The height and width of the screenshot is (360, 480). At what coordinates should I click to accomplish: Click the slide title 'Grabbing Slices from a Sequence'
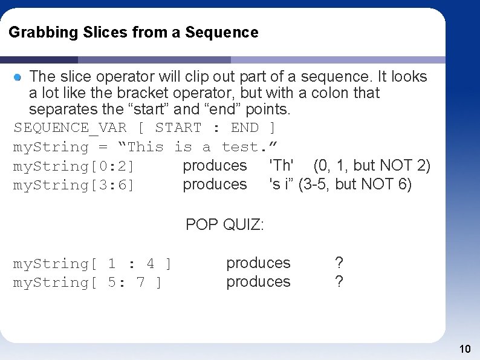coord(134,32)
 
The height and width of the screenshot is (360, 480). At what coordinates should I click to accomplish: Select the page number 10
coord(465,349)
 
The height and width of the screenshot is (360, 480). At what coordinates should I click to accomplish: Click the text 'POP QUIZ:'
coord(225,224)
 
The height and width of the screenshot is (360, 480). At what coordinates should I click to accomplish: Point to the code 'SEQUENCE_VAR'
coord(70,128)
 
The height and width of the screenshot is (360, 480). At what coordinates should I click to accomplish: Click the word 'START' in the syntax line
coord(178,128)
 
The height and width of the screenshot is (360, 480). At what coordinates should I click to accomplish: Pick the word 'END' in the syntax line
coord(245,128)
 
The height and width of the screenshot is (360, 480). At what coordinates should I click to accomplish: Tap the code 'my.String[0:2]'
coord(74,166)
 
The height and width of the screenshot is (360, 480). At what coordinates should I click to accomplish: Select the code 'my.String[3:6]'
coord(74,185)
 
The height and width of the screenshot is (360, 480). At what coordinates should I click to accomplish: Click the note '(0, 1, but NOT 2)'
coord(372,165)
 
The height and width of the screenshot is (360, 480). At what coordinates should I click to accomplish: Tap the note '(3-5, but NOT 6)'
coord(355,184)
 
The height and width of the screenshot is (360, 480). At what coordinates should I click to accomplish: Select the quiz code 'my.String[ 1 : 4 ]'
coord(92,264)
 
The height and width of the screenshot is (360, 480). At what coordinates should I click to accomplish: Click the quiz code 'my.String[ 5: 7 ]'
coord(88,283)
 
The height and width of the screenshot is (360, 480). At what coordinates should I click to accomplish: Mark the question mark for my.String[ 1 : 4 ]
coord(339,263)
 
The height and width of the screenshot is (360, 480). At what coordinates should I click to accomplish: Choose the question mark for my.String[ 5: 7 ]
coord(339,282)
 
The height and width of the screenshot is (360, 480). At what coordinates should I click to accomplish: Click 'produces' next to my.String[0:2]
coord(215,165)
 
